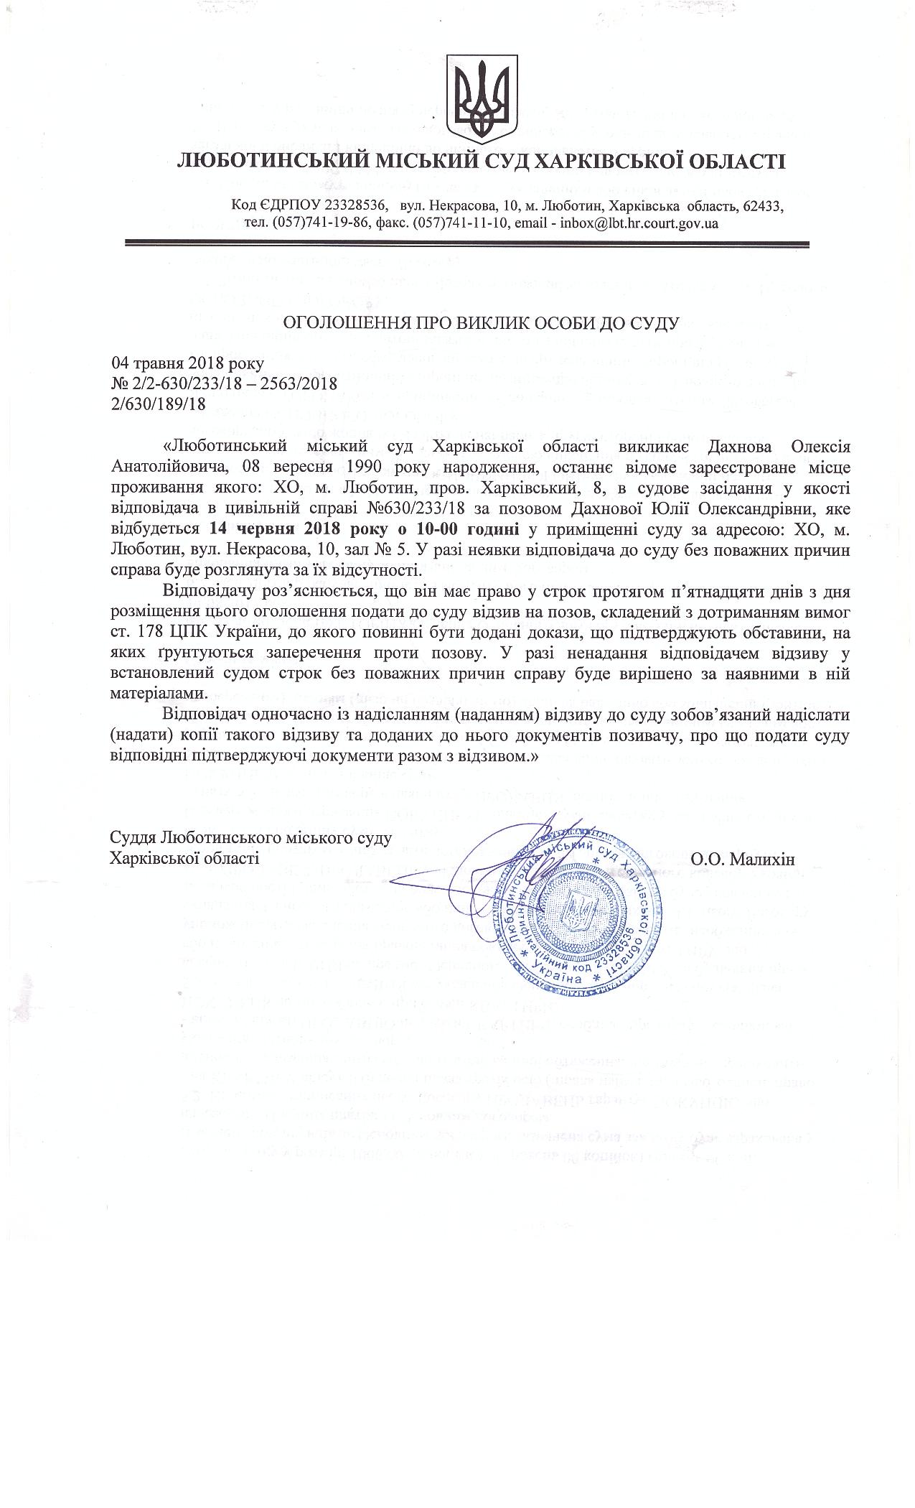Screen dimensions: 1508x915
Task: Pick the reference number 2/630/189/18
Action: pos(159,404)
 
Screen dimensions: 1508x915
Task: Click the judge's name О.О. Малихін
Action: pos(743,859)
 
